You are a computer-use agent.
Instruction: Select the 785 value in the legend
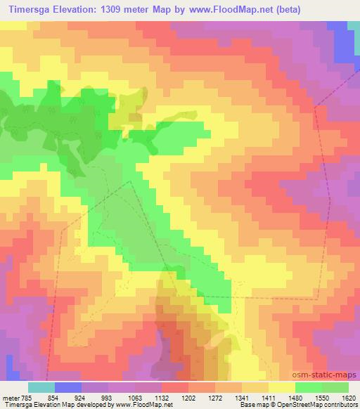pos(26,397)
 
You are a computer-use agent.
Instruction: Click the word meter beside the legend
pos(10,397)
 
